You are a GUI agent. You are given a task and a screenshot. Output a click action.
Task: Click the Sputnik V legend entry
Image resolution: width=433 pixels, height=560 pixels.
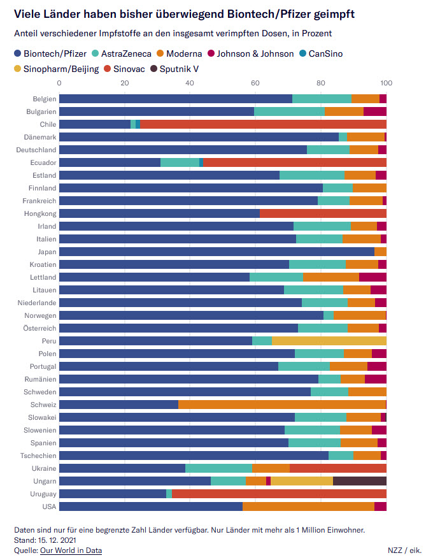(179, 68)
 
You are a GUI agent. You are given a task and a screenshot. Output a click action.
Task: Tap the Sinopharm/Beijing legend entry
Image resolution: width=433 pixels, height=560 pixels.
(61, 68)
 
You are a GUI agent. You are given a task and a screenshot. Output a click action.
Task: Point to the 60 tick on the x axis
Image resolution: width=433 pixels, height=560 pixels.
(255, 83)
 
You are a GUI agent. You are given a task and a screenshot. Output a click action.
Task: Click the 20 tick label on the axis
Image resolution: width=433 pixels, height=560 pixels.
(125, 83)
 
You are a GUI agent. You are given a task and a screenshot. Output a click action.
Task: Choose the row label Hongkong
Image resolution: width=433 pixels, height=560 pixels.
(40, 213)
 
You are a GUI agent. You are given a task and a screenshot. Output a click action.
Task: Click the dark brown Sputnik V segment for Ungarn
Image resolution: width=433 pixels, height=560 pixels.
(359, 481)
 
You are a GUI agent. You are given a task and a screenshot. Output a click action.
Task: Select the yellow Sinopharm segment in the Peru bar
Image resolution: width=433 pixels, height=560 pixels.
(329, 341)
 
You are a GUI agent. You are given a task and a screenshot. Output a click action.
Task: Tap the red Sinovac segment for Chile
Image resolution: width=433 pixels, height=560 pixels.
(262, 124)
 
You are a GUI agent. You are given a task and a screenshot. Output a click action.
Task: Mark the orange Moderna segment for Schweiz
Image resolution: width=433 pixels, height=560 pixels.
(281, 405)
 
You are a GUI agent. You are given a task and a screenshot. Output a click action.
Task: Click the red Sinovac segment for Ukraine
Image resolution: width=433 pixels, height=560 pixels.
(337, 468)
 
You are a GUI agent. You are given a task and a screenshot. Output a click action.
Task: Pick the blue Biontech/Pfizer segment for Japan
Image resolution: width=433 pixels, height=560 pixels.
(216, 252)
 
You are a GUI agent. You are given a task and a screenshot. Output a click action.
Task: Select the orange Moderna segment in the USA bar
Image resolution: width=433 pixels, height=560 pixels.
(308, 506)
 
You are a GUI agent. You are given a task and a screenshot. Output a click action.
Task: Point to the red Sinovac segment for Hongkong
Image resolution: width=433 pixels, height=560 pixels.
(323, 213)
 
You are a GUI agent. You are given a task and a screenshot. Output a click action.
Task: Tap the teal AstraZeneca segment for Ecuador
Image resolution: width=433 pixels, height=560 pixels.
(180, 162)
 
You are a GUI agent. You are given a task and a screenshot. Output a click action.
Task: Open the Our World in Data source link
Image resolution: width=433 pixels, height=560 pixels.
(71, 550)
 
